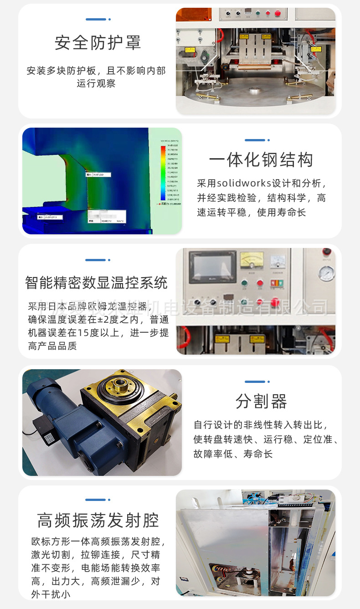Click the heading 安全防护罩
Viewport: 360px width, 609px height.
(98, 43)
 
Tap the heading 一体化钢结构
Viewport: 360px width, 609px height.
(261, 160)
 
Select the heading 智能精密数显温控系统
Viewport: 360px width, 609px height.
(97, 283)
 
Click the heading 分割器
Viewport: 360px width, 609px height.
(261, 402)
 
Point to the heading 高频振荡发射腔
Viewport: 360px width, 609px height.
(98, 520)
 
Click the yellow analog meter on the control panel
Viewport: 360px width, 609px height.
(252, 260)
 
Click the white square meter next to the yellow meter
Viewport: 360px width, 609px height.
(278, 261)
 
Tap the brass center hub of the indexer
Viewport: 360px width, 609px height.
(121, 384)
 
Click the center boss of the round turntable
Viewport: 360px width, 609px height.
(252, 93)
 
